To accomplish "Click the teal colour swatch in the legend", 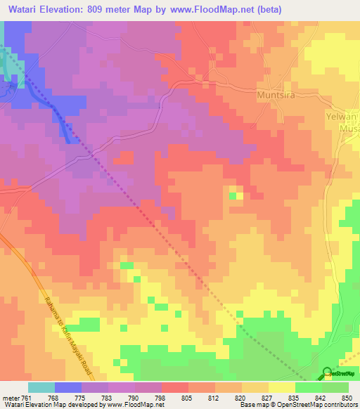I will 41,387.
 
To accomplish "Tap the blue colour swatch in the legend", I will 68,387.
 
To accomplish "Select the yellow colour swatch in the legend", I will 281,387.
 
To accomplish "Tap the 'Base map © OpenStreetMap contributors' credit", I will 298,405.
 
